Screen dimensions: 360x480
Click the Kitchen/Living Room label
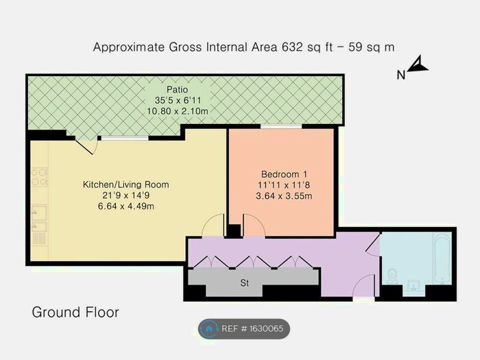(x=125, y=184)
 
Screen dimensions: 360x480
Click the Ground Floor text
(x=75, y=313)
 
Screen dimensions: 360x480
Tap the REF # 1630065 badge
(x=244, y=329)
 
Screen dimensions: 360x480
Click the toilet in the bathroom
(x=392, y=274)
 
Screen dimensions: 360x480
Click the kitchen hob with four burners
(x=39, y=178)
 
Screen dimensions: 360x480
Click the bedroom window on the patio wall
(x=281, y=127)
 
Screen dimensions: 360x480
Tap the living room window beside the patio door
(x=124, y=138)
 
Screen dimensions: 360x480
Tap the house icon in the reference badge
(x=208, y=329)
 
